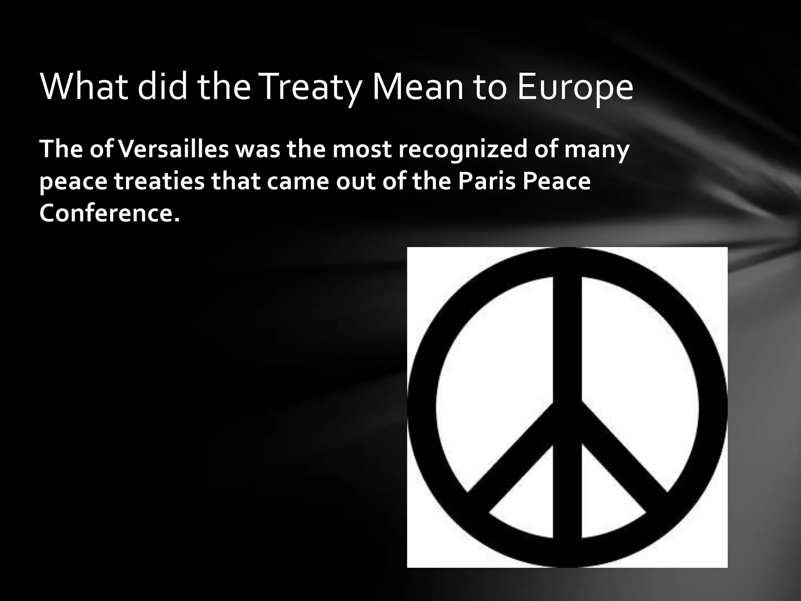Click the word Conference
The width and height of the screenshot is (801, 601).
click(x=110, y=214)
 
